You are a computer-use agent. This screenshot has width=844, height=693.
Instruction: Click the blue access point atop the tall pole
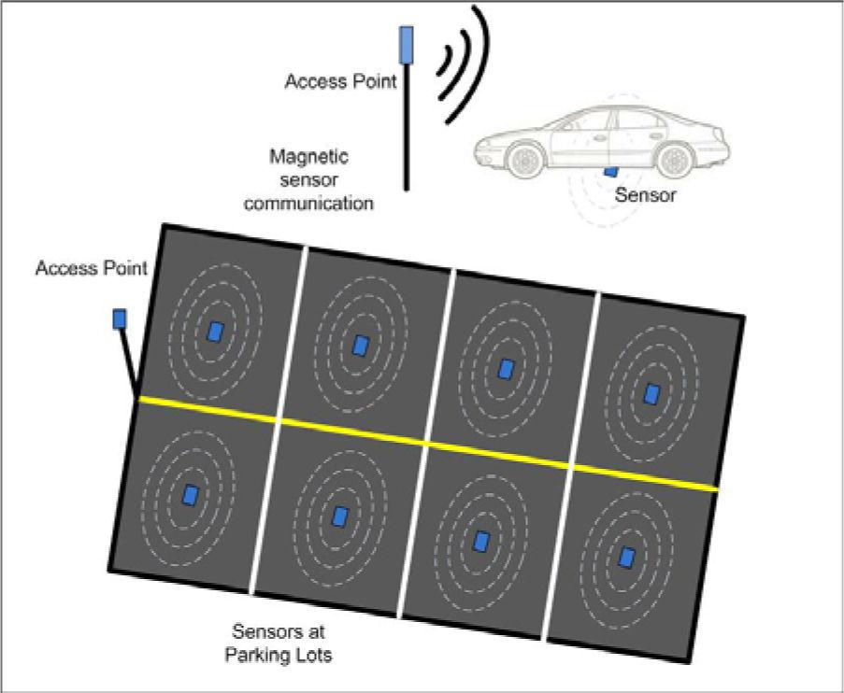pyautogui.click(x=407, y=43)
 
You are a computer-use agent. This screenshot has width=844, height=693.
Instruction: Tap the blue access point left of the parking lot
pyautogui.click(x=120, y=319)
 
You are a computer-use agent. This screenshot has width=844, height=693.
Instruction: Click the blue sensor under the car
pyautogui.click(x=610, y=171)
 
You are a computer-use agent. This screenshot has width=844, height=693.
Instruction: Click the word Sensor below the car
pyautogui.click(x=646, y=196)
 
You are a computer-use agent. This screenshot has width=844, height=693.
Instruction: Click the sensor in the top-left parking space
pyautogui.click(x=216, y=332)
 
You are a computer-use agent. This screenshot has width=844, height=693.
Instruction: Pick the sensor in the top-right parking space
pyautogui.click(x=651, y=393)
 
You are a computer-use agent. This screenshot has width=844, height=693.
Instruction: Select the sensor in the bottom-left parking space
pyautogui.click(x=191, y=494)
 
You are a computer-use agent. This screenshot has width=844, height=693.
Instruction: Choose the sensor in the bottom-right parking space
pyautogui.click(x=627, y=557)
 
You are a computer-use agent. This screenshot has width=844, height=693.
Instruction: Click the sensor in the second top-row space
pyautogui.click(x=361, y=346)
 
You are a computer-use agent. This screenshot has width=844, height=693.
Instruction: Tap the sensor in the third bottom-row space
pyautogui.click(x=481, y=541)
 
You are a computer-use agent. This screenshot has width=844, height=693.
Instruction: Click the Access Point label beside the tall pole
pyautogui.click(x=341, y=81)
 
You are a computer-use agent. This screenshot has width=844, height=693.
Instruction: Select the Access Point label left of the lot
pyautogui.click(x=91, y=269)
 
